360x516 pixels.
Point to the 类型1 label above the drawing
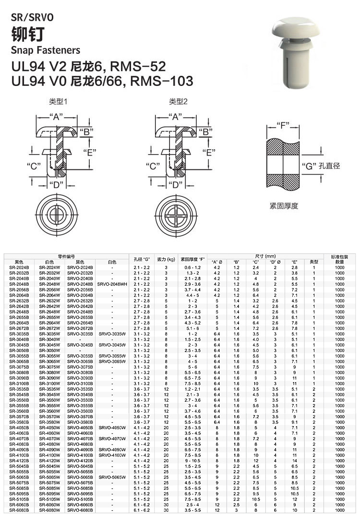[58, 102]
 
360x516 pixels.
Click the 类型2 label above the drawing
[178, 102]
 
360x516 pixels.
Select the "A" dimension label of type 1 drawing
[56, 117]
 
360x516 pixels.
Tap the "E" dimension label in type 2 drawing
[208, 153]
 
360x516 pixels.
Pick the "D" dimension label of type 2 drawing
[176, 184]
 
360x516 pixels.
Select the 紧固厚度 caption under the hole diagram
[284, 206]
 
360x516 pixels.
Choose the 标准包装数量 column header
[340, 259]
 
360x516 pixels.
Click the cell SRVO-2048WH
[112, 284]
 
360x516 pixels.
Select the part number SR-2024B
[19, 267]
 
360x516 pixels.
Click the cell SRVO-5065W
[112, 477]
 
